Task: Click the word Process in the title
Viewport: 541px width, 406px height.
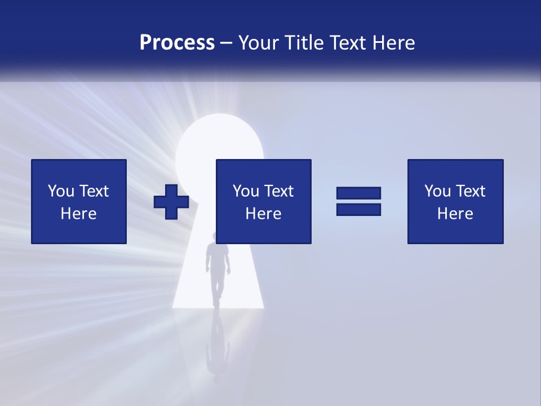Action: click(177, 43)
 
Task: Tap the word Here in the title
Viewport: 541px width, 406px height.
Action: click(395, 43)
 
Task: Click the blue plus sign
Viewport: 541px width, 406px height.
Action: click(171, 202)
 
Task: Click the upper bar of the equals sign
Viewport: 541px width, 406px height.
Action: click(358, 193)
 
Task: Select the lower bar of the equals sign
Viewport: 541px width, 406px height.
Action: click(358, 209)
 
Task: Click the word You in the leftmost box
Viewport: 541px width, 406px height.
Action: click(61, 191)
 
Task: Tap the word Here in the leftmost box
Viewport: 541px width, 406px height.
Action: click(78, 214)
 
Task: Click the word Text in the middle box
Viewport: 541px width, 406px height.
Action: click(278, 191)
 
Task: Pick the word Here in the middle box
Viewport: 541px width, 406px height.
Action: click(263, 214)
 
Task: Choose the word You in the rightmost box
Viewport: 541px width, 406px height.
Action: click(437, 191)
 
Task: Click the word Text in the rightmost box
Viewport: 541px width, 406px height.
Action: click(470, 191)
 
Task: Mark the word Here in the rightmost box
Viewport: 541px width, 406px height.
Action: click(455, 214)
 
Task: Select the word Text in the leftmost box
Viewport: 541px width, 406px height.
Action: click(94, 191)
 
